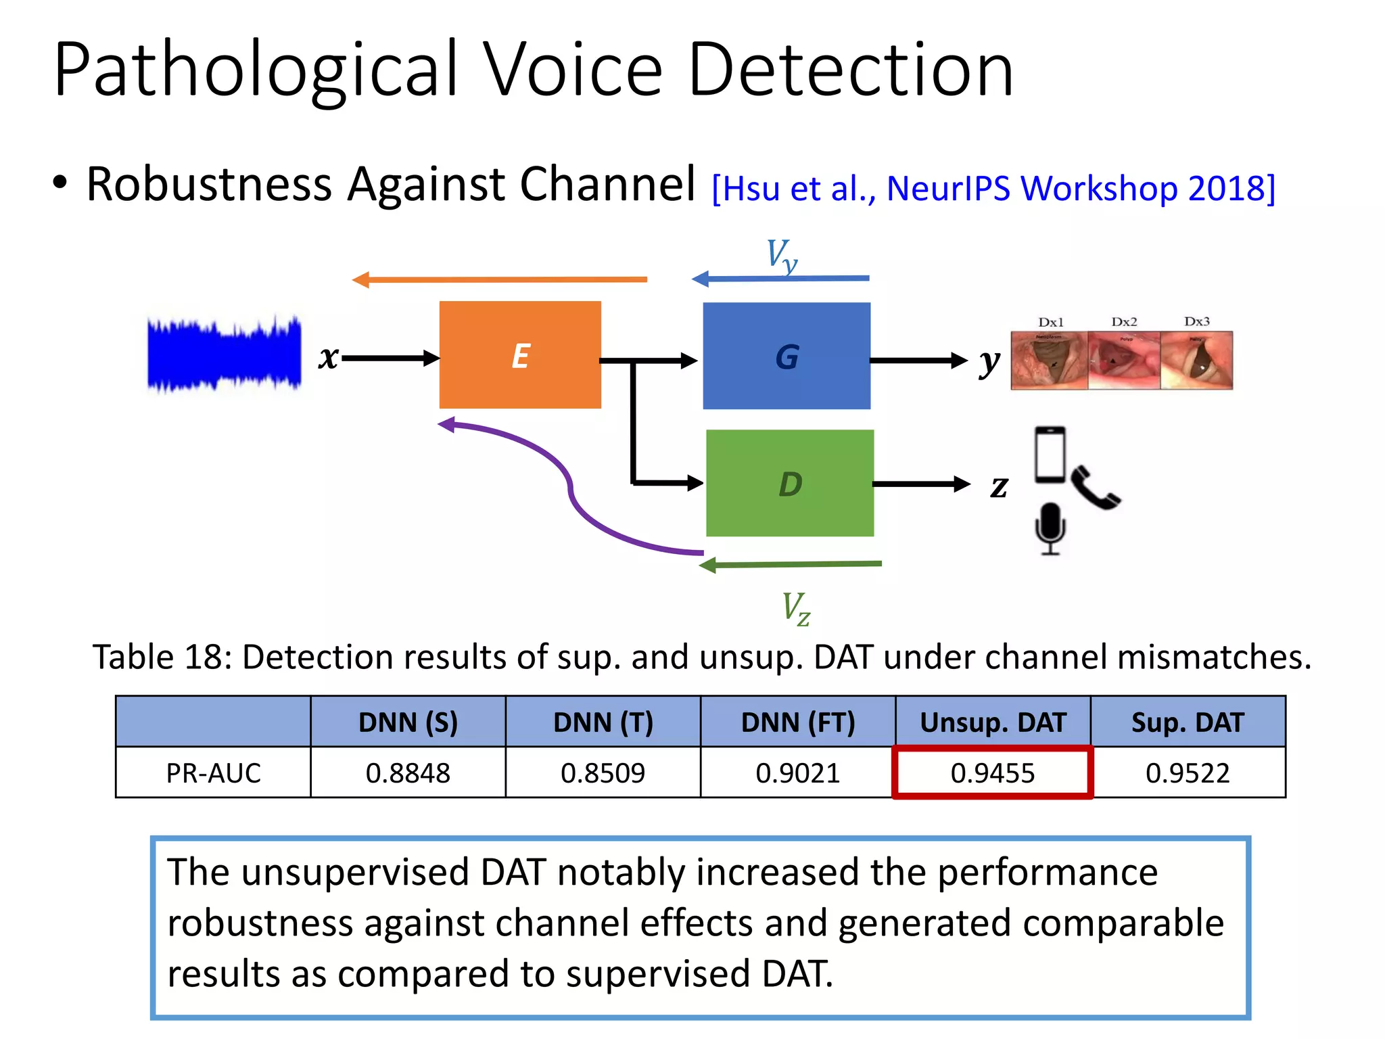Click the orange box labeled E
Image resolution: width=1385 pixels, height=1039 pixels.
pyautogui.click(x=520, y=355)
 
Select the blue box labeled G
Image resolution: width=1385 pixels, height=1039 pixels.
pyautogui.click(x=787, y=356)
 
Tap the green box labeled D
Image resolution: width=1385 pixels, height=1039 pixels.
pyautogui.click(x=790, y=483)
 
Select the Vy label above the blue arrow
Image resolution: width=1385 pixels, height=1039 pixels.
pyautogui.click(x=782, y=256)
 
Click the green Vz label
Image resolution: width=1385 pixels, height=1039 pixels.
pyautogui.click(x=795, y=608)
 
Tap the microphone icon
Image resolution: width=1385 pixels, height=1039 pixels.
pyautogui.click(x=1050, y=528)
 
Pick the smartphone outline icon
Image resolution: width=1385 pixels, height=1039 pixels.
pyautogui.click(x=1050, y=455)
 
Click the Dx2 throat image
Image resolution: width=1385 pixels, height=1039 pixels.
pyautogui.click(x=1124, y=360)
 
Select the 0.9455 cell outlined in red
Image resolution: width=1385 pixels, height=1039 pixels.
pyautogui.click(x=992, y=772)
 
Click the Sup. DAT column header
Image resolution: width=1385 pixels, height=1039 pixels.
pyautogui.click(x=1188, y=722)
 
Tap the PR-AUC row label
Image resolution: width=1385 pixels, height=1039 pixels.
pyautogui.click(x=213, y=772)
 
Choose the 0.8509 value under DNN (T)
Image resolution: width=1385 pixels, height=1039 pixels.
pyautogui.click(x=603, y=772)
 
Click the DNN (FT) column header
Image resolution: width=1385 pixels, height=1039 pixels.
pyautogui.click(x=797, y=722)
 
